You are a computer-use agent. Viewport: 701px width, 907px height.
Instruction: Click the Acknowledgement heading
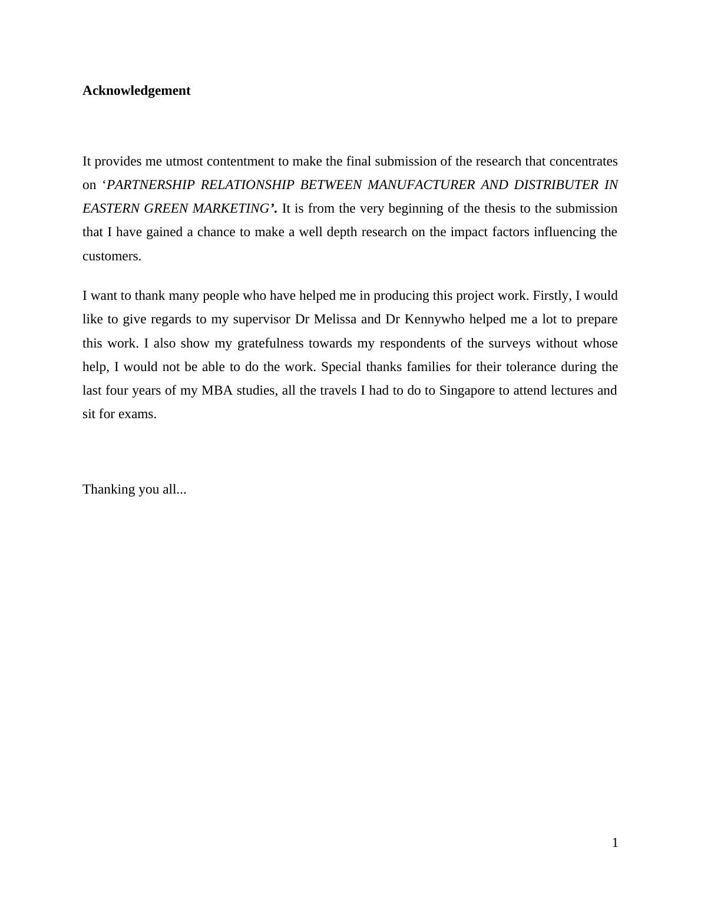click(136, 91)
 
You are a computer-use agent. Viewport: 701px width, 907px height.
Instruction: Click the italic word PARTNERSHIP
click(151, 185)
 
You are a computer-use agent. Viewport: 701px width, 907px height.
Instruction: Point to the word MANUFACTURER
click(421, 185)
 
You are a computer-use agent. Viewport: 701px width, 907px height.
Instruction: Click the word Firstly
click(551, 296)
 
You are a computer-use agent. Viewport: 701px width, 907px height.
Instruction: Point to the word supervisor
click(262, 319)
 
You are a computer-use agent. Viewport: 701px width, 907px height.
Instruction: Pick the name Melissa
click(335, 319)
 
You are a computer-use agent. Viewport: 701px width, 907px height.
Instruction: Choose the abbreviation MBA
click(217, 390)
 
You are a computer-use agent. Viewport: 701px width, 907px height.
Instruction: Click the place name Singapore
click(467, 390)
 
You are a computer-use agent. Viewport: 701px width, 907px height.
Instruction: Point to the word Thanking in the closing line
click(108, 489)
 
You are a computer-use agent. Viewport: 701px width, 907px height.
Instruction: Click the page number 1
click(615, 843)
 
